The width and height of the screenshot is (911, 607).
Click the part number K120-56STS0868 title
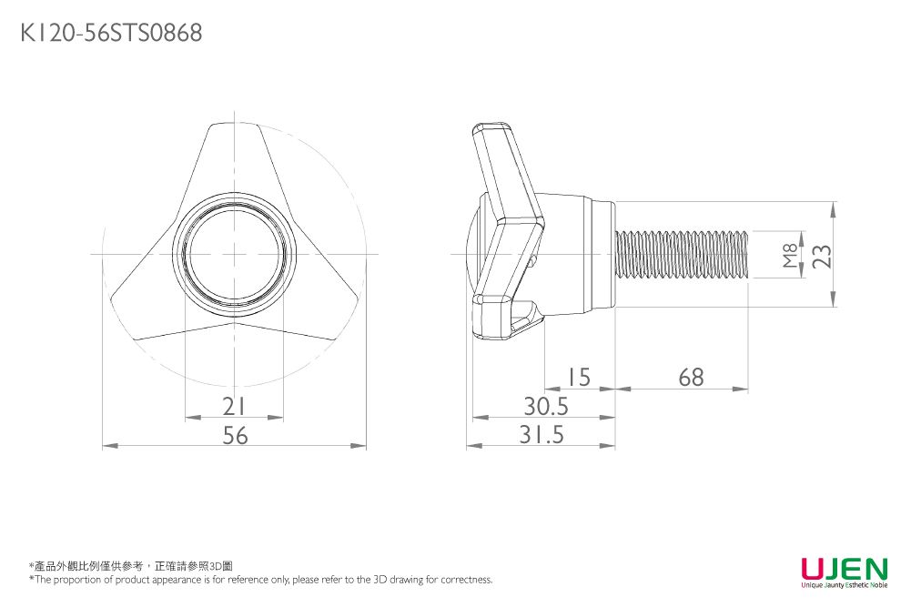[x=111, y=33]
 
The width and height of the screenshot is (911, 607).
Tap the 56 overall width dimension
[x=236, y=435]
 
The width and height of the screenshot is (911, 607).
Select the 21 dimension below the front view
[x=234, y=407]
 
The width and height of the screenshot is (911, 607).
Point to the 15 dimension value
[x=579, y=378]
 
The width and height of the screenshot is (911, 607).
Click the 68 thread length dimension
[x=691, y=378]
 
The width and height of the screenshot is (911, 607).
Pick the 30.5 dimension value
[x=546, y=407]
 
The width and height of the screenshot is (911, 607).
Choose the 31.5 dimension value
[x=542, y=435]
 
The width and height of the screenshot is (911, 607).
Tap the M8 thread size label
[x=790, y=256]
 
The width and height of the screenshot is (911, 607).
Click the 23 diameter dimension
[x=822, y=256]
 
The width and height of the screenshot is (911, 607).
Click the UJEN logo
[x=845, y=568]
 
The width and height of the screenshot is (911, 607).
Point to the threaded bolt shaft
[x=681, y=254]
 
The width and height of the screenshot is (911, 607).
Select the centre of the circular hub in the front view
[x=234, y=254]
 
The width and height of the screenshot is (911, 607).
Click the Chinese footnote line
[x=131, y=566]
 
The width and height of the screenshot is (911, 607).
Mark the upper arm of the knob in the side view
[x=505, y=171]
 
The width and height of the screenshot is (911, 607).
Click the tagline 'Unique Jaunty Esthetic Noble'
[x=845, y=584]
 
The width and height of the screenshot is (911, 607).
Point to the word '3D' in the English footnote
[x=380, y=579]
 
